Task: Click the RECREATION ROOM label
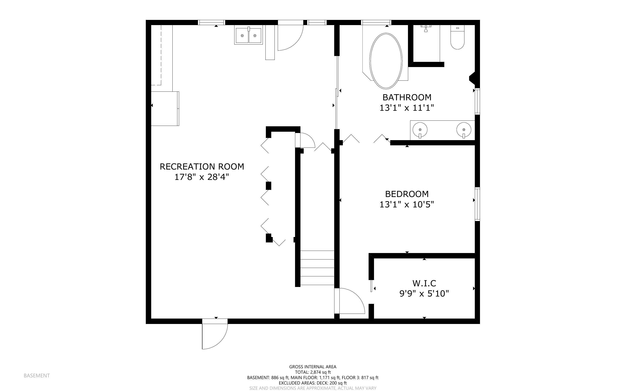click(202, 167)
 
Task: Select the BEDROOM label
click(407, 194)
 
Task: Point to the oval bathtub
click(386, 61)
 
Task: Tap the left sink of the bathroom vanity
click(420, 129)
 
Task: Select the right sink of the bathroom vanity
click(464, 129)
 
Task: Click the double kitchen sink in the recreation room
click(249, 35)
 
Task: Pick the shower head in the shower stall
click(426, 29)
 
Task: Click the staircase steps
click(317, 268)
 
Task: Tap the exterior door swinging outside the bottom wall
click(215, 335)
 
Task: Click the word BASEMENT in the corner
click(37, 375)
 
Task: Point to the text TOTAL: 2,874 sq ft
click(313, 372)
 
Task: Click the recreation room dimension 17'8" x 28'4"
click(202, 177)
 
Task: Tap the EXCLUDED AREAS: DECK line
click(313, 383)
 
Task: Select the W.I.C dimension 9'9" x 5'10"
click(424, 294)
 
